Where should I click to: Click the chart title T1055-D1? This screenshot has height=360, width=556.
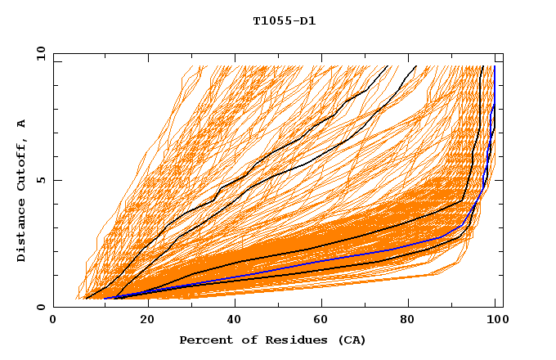coord(284,21)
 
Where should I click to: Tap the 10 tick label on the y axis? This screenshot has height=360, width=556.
coord(38,53)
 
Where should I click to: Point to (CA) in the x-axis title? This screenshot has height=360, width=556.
coord(352,340)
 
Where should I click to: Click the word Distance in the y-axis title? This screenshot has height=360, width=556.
coord(22,232)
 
